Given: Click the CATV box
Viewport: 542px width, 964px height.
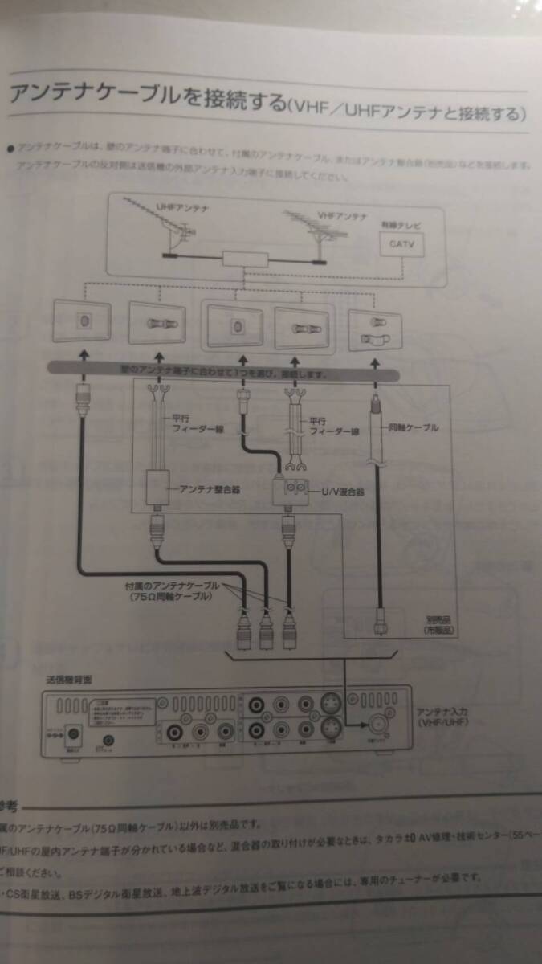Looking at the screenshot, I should (401, 243).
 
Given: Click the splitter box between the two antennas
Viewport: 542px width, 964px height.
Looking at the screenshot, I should (245, 259).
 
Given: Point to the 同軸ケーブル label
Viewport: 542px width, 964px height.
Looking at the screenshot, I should (416, 427).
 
